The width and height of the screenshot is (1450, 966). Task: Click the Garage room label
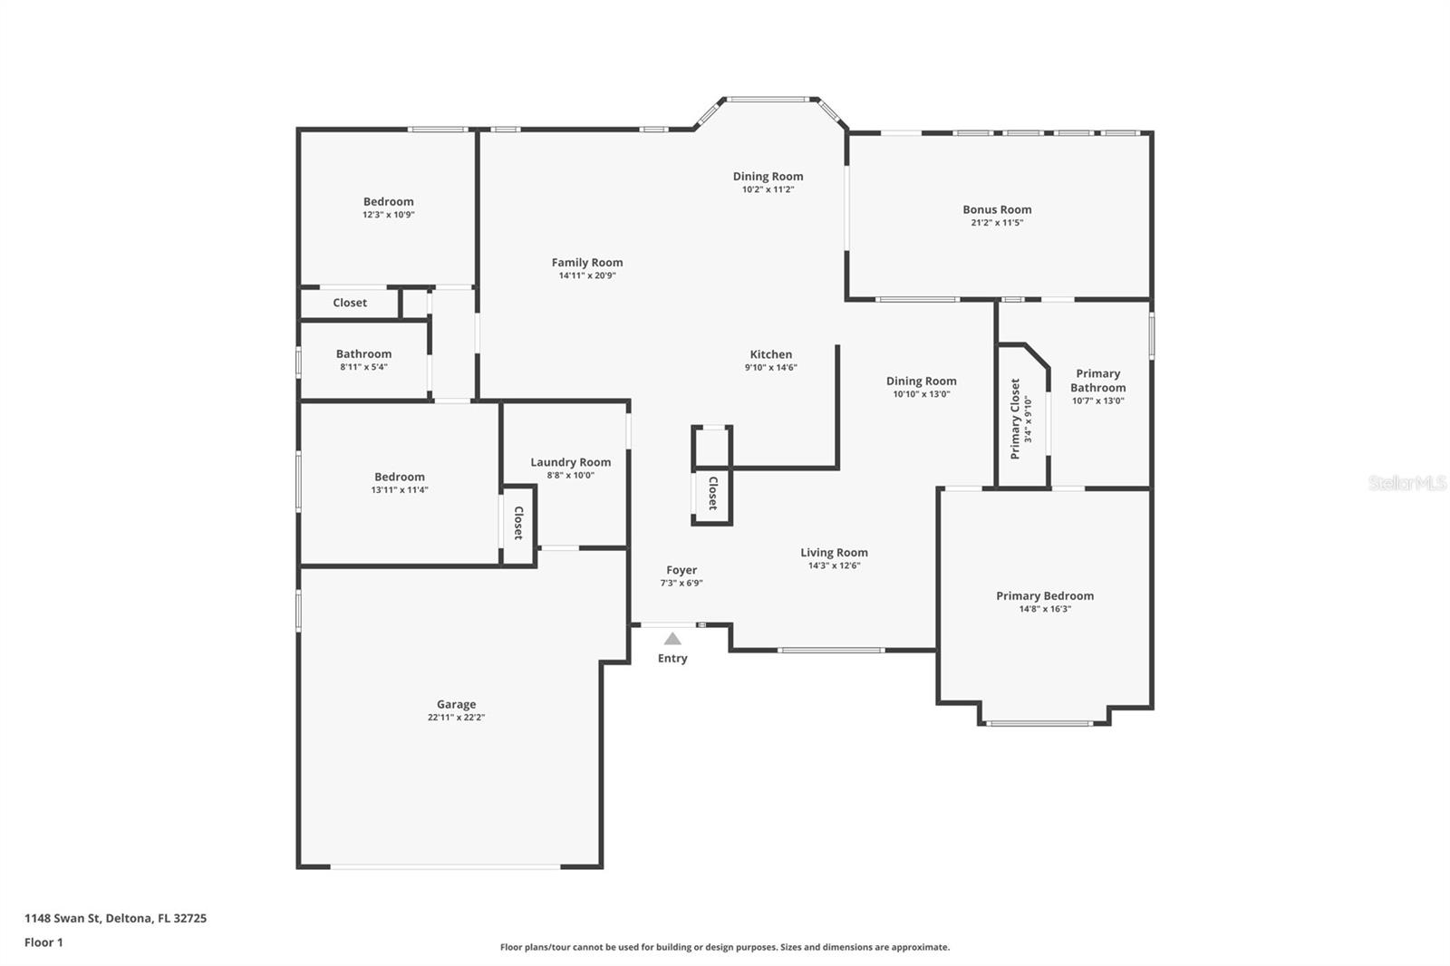456,704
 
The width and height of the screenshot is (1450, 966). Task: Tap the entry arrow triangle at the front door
672,639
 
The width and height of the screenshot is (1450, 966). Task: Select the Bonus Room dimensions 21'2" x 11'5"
997,223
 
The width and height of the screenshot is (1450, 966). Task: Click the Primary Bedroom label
1045,595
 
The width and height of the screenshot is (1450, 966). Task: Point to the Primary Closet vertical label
1015,419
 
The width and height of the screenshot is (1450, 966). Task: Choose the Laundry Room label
570,462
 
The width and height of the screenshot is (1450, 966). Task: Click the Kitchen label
770,354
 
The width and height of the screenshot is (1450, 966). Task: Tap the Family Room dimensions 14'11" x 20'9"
587,275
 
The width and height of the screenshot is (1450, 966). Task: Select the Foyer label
681,570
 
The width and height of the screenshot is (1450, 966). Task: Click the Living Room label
834,552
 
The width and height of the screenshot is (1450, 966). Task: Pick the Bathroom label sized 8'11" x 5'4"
363,354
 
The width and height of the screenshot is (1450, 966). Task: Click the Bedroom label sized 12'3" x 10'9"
388,202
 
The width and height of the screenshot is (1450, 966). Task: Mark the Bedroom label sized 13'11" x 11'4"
399,477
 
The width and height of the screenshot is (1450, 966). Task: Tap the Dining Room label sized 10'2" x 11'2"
768,177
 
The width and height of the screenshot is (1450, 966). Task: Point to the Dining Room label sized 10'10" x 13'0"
921,382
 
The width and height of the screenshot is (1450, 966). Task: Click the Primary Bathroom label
1097,381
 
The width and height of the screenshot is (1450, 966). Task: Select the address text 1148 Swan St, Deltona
115,918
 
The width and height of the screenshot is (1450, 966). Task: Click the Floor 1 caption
43,942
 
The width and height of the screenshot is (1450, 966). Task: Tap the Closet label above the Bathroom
350,303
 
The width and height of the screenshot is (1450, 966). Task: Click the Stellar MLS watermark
1406,483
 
